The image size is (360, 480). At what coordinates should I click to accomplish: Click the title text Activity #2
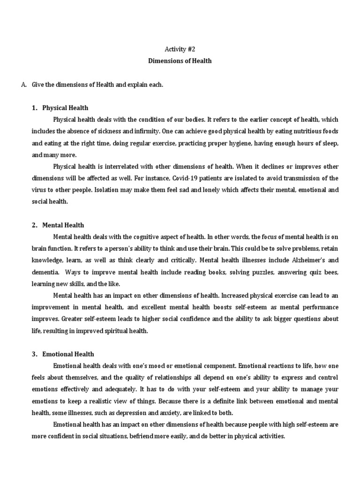180,48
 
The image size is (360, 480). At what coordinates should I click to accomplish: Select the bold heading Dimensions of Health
180,60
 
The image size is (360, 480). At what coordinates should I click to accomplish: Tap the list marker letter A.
23,84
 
